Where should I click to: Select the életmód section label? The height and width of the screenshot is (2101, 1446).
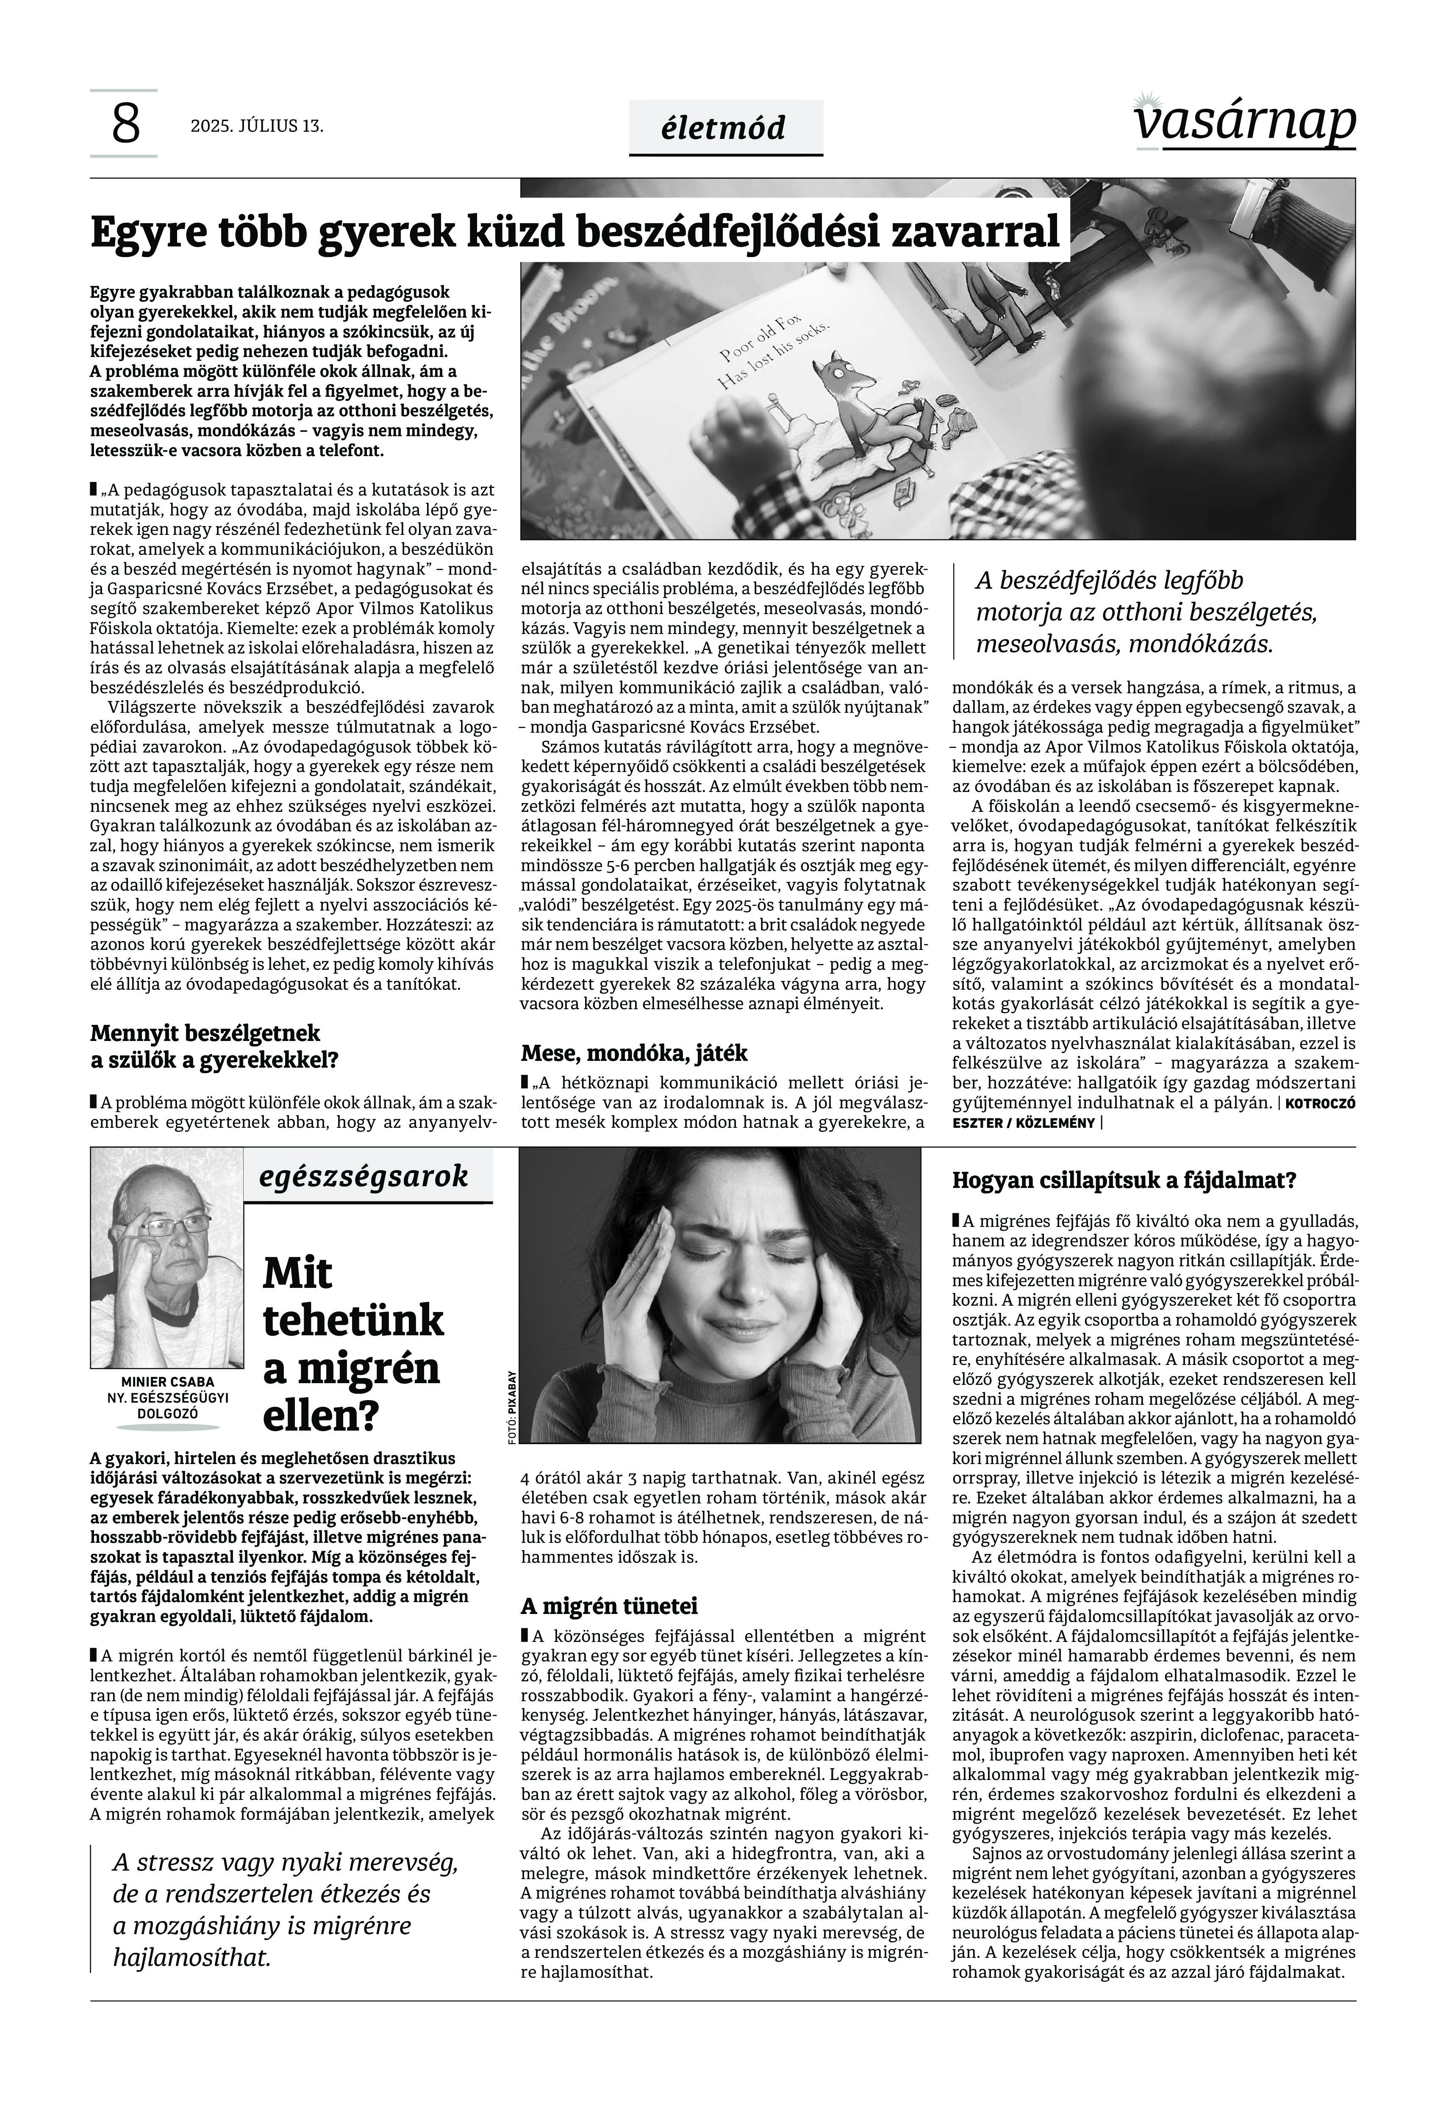point(725,128)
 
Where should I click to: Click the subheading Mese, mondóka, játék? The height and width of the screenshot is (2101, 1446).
point(634,1053)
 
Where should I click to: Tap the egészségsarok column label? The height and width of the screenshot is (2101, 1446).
point(364,1176)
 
